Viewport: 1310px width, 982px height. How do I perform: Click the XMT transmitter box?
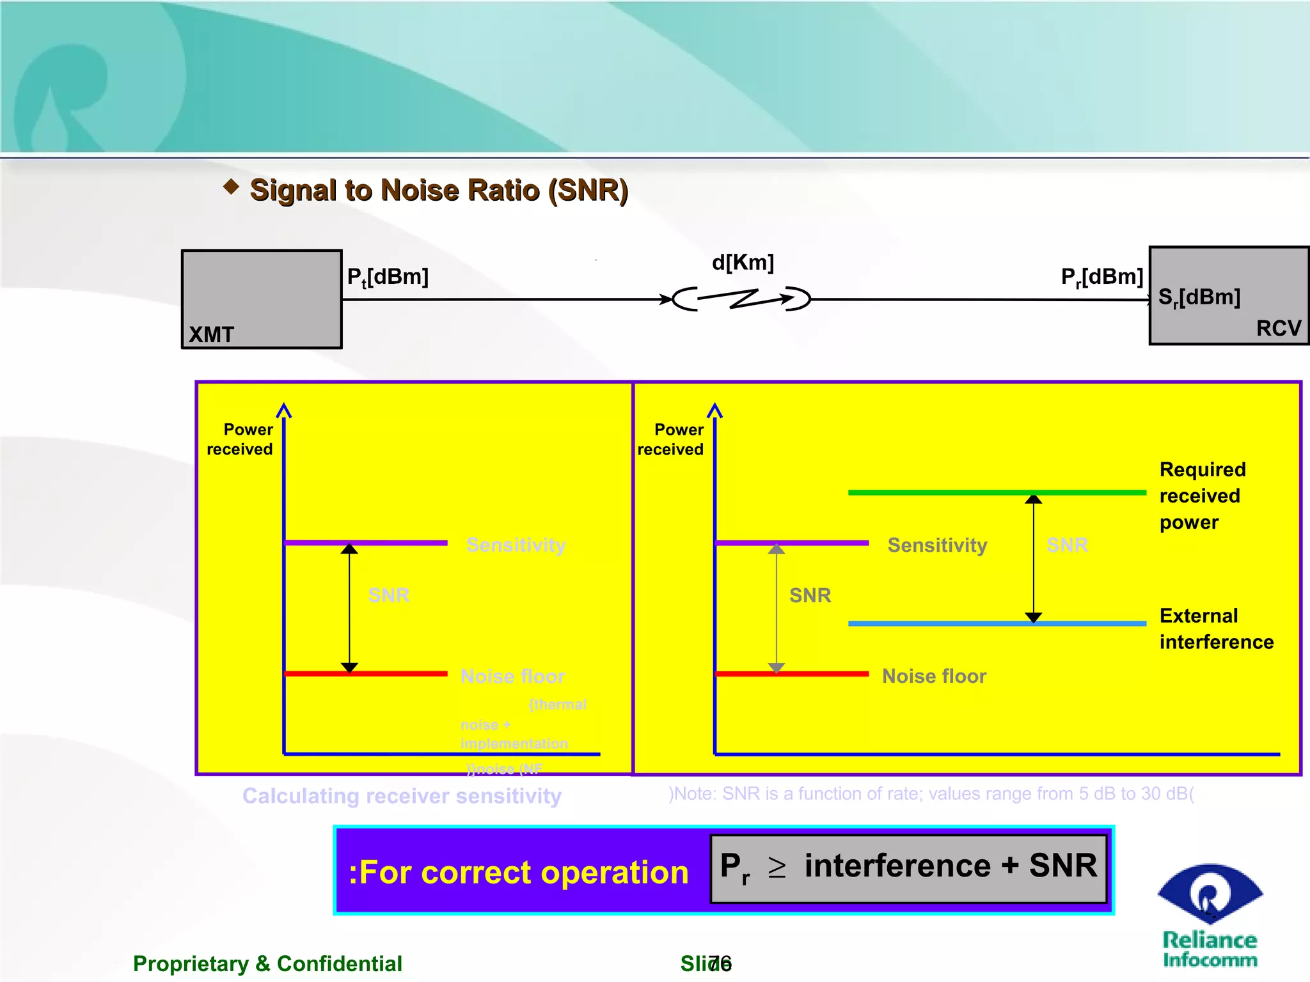[262, 299]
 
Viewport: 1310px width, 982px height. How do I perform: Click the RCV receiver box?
[1228, 295]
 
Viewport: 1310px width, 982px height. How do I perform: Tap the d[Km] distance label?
[743, 262]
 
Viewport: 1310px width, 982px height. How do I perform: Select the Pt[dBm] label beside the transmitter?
[388, 277]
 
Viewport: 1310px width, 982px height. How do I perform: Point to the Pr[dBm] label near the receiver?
[1101, 277]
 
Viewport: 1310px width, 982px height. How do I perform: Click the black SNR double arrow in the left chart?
[349, 607]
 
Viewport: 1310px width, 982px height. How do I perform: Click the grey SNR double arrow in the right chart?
[776, 607]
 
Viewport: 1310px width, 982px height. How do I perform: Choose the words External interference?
[1215, 628]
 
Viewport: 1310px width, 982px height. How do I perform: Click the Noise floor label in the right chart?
[934, 676]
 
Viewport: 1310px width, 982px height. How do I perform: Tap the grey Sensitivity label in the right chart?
[937, 545]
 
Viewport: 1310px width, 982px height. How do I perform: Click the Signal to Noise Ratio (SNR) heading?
[439, 191]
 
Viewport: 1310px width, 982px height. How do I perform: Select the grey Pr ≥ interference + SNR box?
[908, 868]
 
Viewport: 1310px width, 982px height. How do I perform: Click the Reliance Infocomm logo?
[1209, 915]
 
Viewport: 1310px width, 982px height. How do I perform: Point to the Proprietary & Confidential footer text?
[267, 963]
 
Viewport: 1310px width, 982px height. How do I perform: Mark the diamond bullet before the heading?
[231, 187]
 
